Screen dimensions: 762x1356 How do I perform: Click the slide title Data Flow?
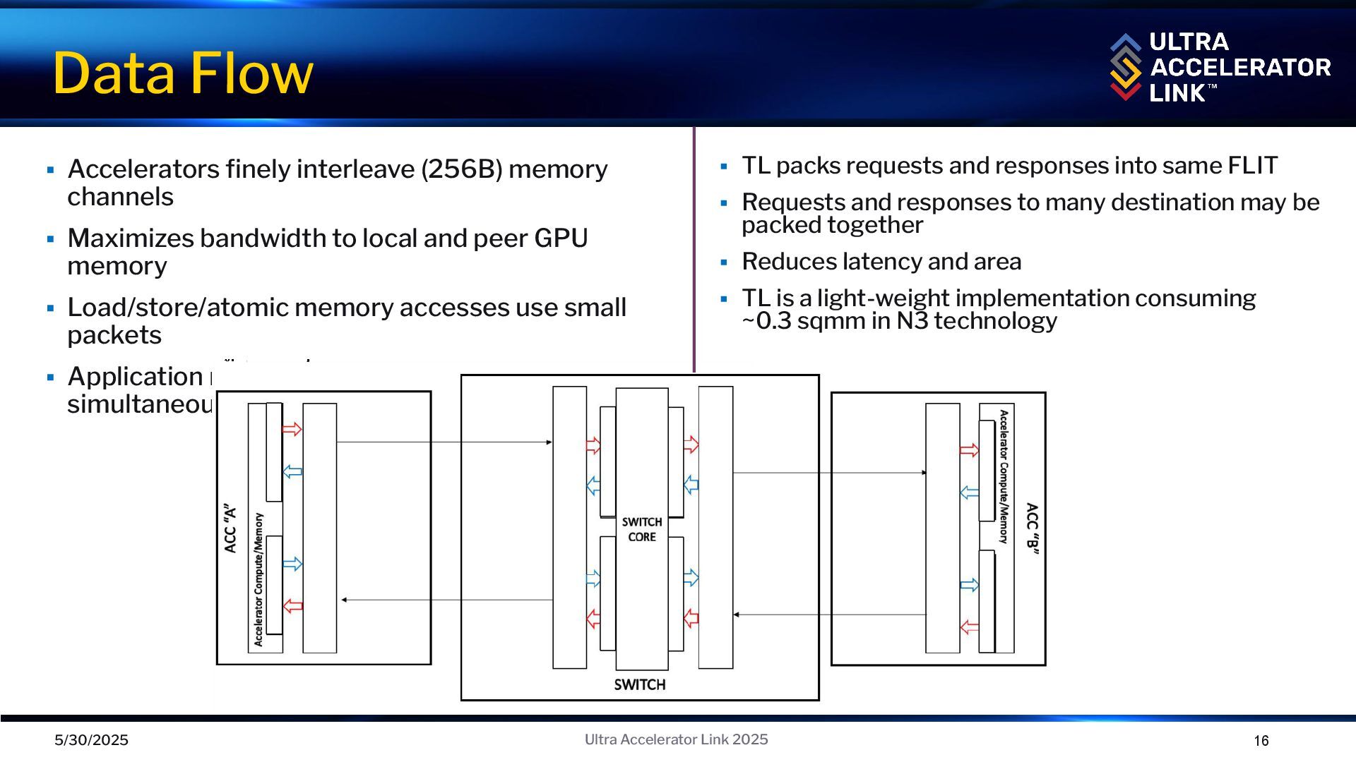(x=183, y=73)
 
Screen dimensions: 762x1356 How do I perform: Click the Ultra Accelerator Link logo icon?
(x=1125, y=67)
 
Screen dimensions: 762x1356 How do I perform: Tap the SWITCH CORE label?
(x=642, y=529)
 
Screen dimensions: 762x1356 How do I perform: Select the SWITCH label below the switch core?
(x=639, y=684)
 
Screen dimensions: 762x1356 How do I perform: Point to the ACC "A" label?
(x=230, y=528)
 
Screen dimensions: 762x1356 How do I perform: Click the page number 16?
(x=1261, y=741)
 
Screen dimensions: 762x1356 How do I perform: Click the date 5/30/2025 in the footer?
(x=92, y=740)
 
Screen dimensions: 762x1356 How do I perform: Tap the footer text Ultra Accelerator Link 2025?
(x=676, y=739)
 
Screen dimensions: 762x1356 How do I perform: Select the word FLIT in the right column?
(x=1252, y=166)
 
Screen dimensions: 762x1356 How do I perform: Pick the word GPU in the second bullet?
(x=561, y=238)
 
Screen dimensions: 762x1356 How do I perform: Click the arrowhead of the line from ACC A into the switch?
(x=549, y=442)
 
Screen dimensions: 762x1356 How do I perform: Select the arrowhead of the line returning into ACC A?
(x=344, y=600)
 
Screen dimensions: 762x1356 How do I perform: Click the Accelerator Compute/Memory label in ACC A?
(x=258, y=579)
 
